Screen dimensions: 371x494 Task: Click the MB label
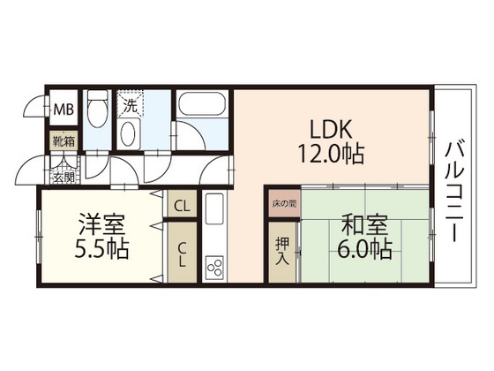point(64,110)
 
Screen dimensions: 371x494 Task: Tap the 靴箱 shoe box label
point(61,140)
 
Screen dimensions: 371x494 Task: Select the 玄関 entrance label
point(64,177)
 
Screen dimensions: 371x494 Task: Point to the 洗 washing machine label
point(130,107)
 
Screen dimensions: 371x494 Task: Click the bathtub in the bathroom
point(200,110)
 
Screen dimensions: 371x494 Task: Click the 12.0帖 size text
point(330,153)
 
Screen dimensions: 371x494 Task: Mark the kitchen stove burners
point(214,266)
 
